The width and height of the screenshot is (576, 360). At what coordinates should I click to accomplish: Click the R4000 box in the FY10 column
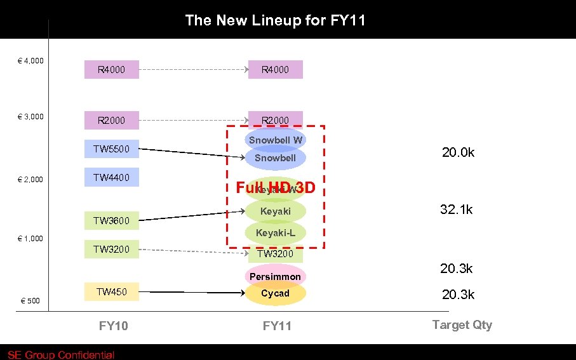tap(111, 69)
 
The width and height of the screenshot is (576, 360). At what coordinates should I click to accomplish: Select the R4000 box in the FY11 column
tap(275, 69)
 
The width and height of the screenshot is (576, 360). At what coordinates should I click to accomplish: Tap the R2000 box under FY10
tap(111, 120)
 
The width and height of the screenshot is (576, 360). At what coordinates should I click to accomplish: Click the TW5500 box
tap(111, 149)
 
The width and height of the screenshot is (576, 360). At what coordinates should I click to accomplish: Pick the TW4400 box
tap(111, 178)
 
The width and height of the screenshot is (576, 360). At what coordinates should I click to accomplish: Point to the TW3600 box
tap(111, 221)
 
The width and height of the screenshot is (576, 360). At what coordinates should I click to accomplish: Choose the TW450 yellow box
tap(111, 292)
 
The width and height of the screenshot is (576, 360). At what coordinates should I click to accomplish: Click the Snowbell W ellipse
tap(276, 139)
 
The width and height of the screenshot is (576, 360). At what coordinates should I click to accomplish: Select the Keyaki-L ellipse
tap(276, 233)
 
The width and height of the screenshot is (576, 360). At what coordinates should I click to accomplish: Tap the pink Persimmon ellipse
tap(275, 276)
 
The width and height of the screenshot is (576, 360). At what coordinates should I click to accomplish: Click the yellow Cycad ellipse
tap(275, 293)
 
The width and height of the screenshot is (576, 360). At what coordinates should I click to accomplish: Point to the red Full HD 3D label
tap(275, 189)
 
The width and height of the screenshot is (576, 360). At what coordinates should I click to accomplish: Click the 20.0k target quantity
tap(458, 152)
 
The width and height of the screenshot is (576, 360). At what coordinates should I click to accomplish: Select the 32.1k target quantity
tap(457, 210)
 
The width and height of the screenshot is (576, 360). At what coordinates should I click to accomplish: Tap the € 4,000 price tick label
tap(30, 61)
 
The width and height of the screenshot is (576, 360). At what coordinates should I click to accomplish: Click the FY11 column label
tap(277, 326)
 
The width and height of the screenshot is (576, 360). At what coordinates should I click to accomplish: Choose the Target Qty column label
tap(462, 324)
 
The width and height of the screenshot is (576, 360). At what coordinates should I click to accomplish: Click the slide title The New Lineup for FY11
tap(275, 20)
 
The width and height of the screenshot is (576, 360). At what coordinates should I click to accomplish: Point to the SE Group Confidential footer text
tap(61, 355)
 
